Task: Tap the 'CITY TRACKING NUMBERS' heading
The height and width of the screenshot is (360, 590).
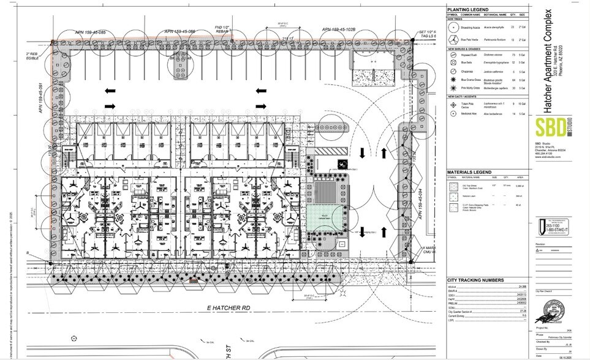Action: (475, 280)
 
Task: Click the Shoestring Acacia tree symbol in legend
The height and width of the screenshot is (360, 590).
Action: (454, 28)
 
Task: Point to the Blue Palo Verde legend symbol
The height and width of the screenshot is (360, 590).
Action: (454, 39)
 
